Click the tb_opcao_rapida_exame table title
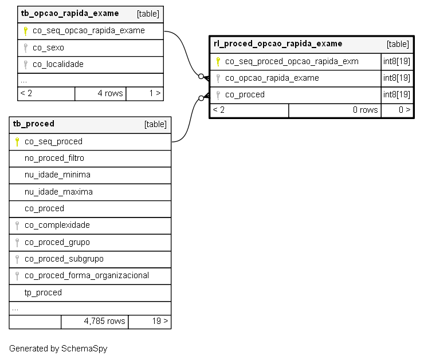pyautogui.click(x=70, y=14)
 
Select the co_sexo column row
pyautogui.click(x=91, y=48)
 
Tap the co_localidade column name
pyautogui.click(x=58, y=64)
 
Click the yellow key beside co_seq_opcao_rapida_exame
pyautogui.click(x=25, y=31)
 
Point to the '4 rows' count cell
pyautogui.click(x=100, y=93)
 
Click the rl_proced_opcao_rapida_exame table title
pyautogui.click(x=278, y=43)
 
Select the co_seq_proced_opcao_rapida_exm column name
pyautogui.click(x=292, y=62)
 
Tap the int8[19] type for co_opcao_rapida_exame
pyautogui.click(x=396, y=78)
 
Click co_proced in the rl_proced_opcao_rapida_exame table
pyautogui.click(x=245, y=94)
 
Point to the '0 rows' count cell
pyautogui.click(x=335, y=110)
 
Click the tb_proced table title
pyautogui.click(x=34, y=124)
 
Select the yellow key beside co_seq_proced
pyautogui.click(x=17, y=142)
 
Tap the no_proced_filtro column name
pyautogui.click(x=54, y=158)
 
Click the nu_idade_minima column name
pyautogui.click(x=57, y=175)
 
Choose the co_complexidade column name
pyautogui.click(x=57, y=225)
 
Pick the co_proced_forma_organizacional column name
pyautogui.click(x=87, y=275)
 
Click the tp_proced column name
pyautogui.click(x=43, y=292)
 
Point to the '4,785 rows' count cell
pyautogui.click(x=95, y=322)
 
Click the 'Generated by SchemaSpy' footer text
pyautogui.click(x=58, y=349)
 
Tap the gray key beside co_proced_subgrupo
pyautogui.click(x=17, y=259)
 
